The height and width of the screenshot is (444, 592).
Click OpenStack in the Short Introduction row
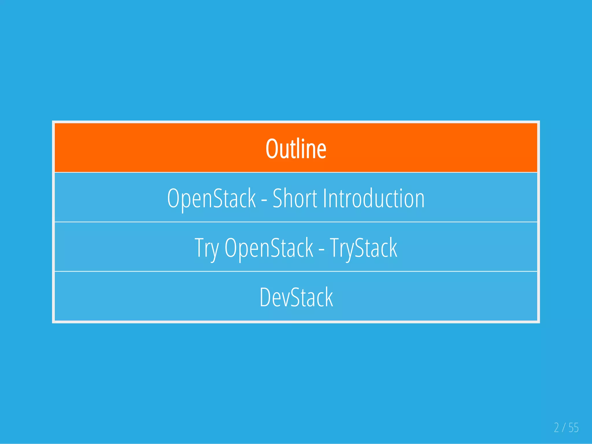coord(212,199)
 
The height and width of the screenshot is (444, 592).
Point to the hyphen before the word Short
coord(264,200)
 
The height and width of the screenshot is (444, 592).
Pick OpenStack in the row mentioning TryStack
coord(269,248)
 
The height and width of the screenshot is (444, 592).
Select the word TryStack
coord(363,248)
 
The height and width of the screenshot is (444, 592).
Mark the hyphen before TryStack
coord(321,249)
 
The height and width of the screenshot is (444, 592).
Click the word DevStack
coord(296,297)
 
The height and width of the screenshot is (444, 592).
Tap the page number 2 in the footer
coord(556,428)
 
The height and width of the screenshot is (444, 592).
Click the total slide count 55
coord(574,428)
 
